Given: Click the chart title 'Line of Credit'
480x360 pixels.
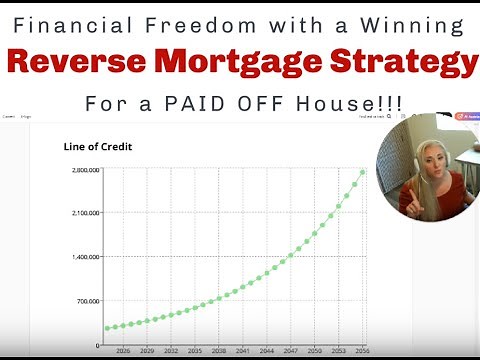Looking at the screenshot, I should pyautogui.click(x=98, y=147).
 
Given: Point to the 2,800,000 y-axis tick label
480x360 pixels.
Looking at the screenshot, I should pyautogui.click(x=84, y=171).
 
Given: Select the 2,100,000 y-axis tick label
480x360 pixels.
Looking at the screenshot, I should pyautogui.click(x=84, y=214).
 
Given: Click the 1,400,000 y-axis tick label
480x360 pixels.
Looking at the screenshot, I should pyautogui.click(x=84, y=257).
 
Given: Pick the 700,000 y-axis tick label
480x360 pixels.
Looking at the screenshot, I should pyautogui.click(x=87, y=301).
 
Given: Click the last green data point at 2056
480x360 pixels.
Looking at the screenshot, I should pyautogui.click(x=362, y=171).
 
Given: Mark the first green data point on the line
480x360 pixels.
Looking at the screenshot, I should pyautogui.click(x=107, y=328).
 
